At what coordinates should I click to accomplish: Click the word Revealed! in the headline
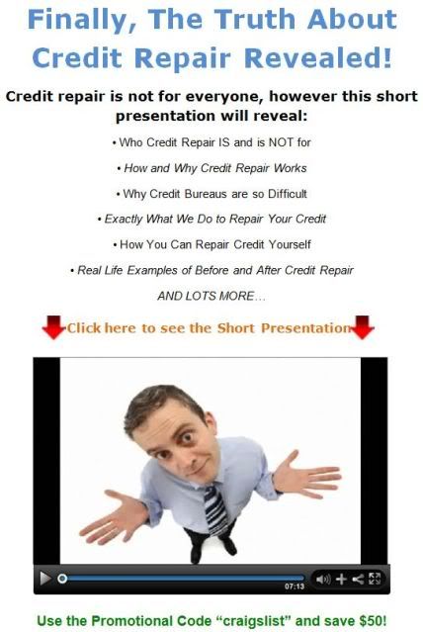[x=318, y=57]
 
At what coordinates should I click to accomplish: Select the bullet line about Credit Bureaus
[x=211, y=194]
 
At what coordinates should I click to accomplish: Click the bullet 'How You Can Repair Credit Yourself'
[x=211, y=244]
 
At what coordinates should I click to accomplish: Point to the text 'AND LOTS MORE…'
[x=211, y=296]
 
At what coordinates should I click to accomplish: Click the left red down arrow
[x=53, y=327]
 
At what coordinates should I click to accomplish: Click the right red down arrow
[x=362, y=327]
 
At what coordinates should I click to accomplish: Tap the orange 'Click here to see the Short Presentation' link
[x=209, y=328]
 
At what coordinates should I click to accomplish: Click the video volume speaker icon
[x=323, y=580]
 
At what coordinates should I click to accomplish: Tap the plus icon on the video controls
[x=341, y=580]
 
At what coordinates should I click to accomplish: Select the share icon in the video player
[x=358, y=580]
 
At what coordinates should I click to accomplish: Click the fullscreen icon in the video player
[x=375, y=579]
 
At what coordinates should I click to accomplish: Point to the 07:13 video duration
[x=295, y=587]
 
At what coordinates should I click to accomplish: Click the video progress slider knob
[x=62, y=579]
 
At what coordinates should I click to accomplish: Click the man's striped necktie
[x=216, y=510]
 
